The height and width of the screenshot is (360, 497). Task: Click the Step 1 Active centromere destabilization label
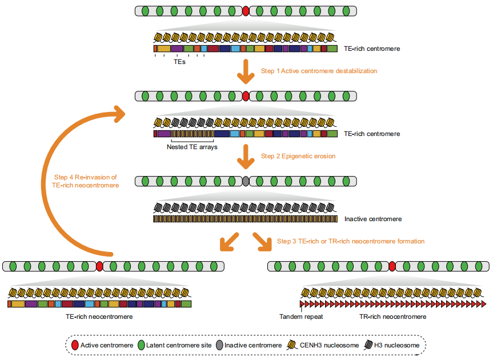319,71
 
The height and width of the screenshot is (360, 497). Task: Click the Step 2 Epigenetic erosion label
298,155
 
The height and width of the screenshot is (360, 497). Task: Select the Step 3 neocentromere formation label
350,241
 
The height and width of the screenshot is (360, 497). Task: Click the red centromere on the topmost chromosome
246,11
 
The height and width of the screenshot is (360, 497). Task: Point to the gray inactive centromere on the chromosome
246,181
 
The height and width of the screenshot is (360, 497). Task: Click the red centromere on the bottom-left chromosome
99,266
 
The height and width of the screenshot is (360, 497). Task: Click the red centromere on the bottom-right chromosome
392,266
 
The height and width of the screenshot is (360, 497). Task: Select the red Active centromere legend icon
74,345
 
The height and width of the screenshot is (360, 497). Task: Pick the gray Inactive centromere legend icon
218,345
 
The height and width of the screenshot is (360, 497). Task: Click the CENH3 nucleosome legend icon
293,345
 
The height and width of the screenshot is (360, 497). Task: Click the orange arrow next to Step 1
246,71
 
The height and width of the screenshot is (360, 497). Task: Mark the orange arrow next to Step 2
246,155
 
